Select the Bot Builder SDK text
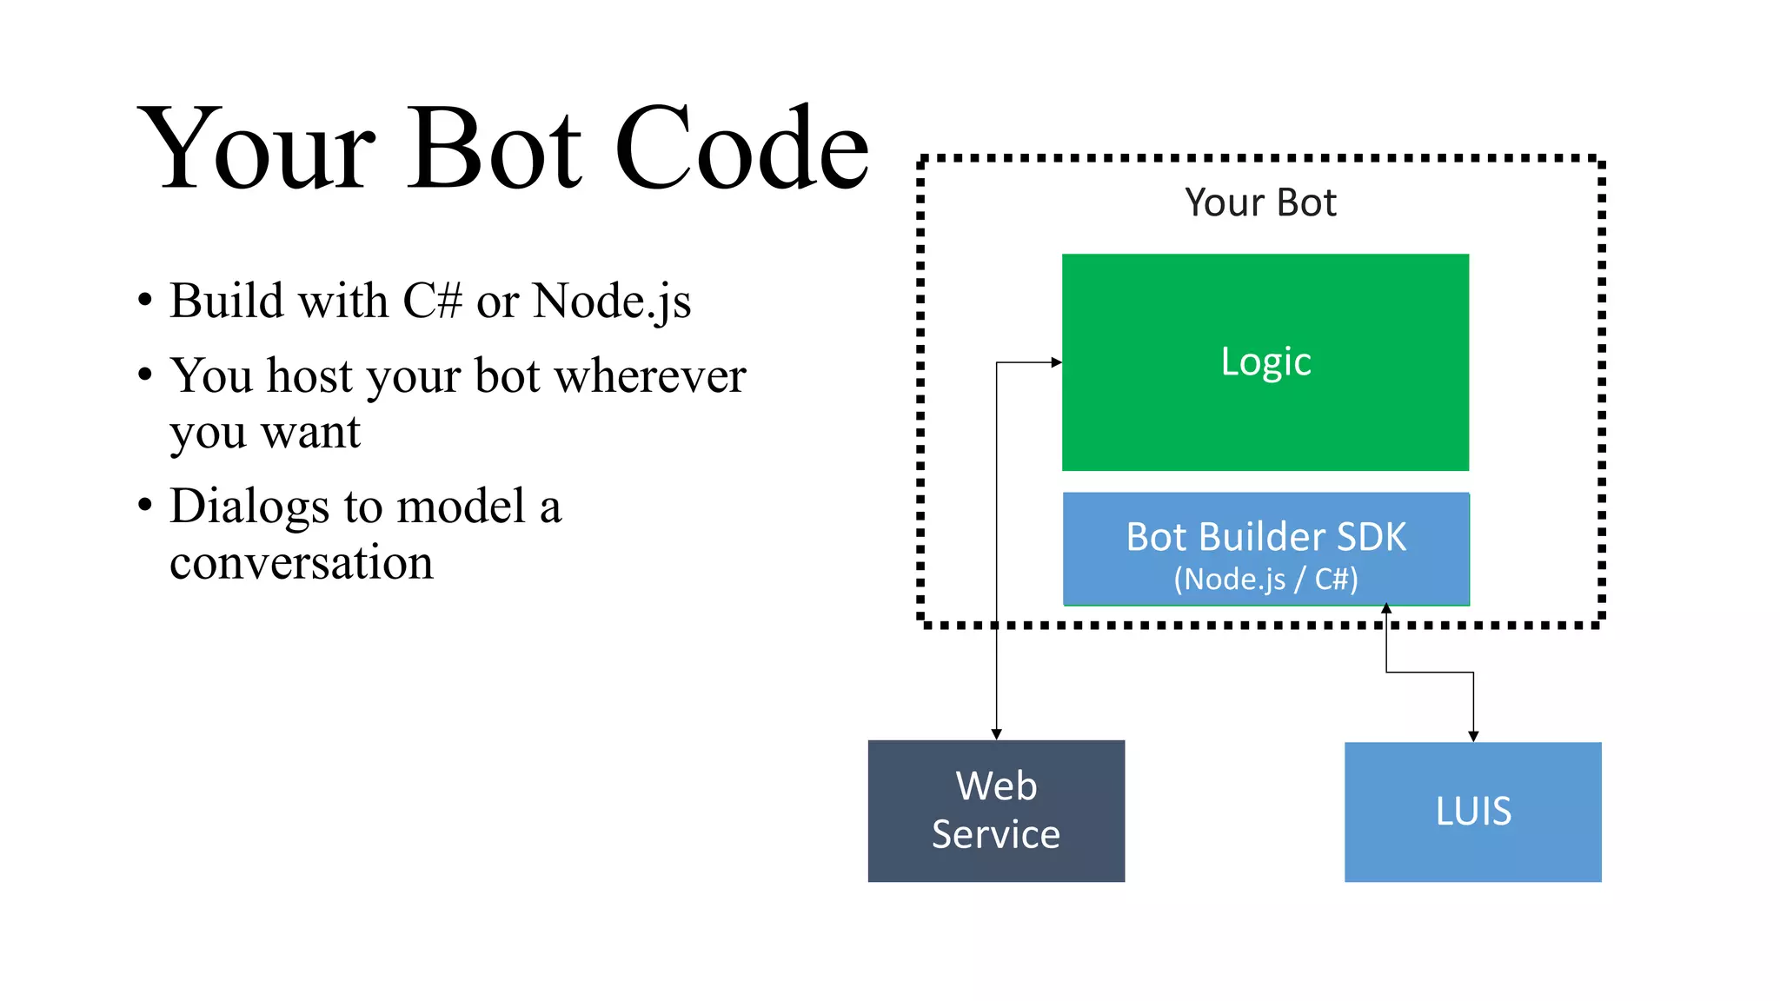pyautogui.click(x=1265, y=536)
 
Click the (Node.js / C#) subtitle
pyautogui.click(x=1265, y=579)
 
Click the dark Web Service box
pyautogui.click(x=996, y=810)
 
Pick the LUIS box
pyautogui.click(x=1472, y=812)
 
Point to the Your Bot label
pyautogui.click(x=1260, y=202)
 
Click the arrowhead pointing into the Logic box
pyautogui.click(x=1056, y=362)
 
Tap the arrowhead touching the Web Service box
pyautogui.click(x=996, y=734)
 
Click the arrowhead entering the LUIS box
pyautogui.click(x=1473, y=736)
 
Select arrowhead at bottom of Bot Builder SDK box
pyautogui.click(x=1386, y=609)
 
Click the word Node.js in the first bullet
pyautogui.click(x=612, y=302)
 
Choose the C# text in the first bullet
pyautogui.click(x=432, y=301)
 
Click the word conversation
pyautogui.click(x=301, y=562)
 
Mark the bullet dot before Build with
pyautogui.click(x=145, y=301)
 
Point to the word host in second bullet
pyautogui.click(x=309, y=376)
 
